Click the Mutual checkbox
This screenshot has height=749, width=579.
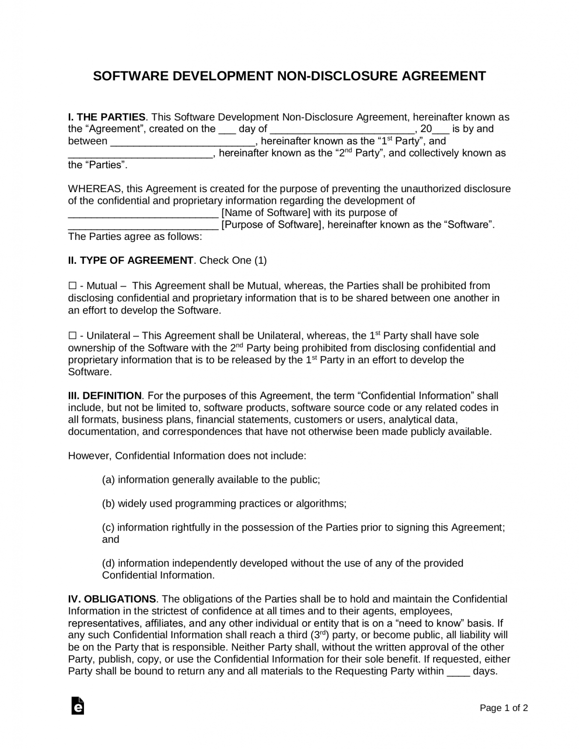pyautogui.click(x=72, y=286)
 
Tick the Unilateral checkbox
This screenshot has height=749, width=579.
pyautogui.click(x=72, y=335)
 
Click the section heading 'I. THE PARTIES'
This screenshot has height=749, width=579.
pyautogui.click(x=106, y=117)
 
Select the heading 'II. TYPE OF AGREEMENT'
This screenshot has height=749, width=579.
pyautogui.click(x=131, y=260)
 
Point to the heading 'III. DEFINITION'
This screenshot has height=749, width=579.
pyautogui.click(x=104, y=395)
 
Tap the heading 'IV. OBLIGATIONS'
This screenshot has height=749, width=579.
pyautogui.click(x=112, y=599)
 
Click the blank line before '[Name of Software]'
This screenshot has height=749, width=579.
pyautogui.click(x=143, y=214)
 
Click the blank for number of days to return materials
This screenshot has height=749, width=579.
pyautogui.click(x=459, y=672)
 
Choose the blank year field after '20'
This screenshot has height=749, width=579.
pyautogui.click(x=441, y=130)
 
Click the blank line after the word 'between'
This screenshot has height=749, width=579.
pyautogui.click(x=182, y=142)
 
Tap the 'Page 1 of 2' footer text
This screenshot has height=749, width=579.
pyautogui.click(x=504, y=708)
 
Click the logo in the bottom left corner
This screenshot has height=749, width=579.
pyautogui.click(x=78, y=706)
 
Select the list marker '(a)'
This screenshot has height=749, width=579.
pyautogui.click(x=108, y=480)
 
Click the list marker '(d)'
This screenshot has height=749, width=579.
pyautogui.click(x=108, y=563)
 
